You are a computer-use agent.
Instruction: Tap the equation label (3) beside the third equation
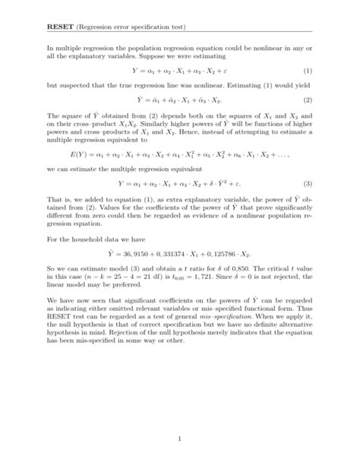click(x=308, y=204)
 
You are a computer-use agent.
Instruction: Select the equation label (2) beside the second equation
click(x=308, y=100)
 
